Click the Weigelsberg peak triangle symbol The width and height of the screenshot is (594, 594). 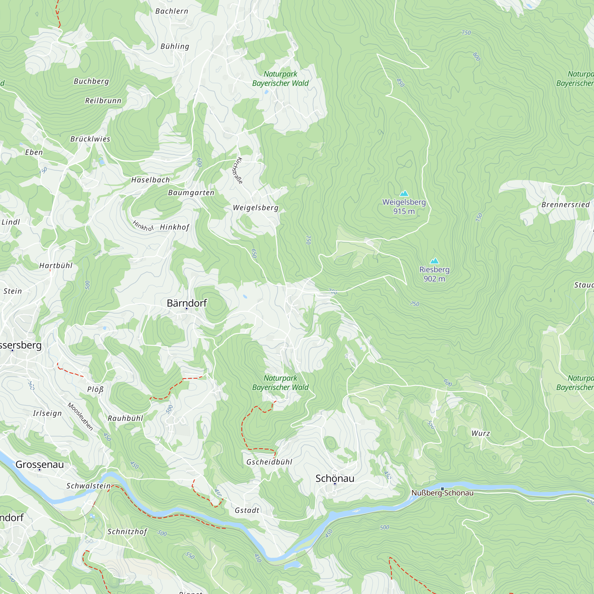pos(404,193)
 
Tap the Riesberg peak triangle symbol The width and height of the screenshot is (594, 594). pos(434,261)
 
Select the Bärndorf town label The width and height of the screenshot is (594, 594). pos(187,303)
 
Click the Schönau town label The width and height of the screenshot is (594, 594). pos(334,478)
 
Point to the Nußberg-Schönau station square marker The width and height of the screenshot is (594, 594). pos(443,489)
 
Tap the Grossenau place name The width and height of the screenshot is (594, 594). pos(40,465)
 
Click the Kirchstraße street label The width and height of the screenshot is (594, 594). pos(237,171)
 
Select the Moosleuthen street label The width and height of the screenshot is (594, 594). pos(80,417)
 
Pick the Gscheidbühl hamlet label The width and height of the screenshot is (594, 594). pos(269,462)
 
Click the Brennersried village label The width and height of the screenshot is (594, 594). pos(565,204)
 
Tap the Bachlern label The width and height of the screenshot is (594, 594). pos(172,11)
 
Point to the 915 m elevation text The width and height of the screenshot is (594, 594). pos(404,211)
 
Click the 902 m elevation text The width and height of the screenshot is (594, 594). pos(434,279)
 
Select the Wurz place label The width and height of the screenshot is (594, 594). pos(481,433)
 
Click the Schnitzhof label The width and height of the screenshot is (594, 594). pos(127,532)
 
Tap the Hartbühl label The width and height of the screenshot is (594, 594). pos(56,266)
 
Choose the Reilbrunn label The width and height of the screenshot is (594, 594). pos(103,101)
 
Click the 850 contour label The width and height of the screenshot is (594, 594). pos(400,82)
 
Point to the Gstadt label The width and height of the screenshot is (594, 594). pos(247,510)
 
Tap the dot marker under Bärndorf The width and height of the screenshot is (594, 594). pos(186,308)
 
